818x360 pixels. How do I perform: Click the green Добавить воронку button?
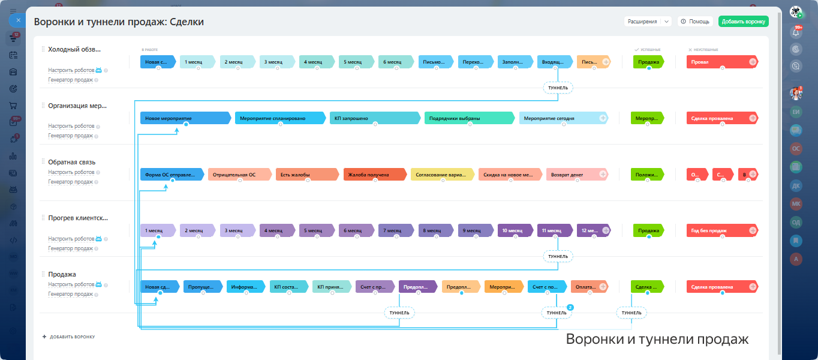(x=743, y=22)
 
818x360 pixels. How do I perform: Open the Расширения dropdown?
(x=647, y=22)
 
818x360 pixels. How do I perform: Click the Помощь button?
(x=695, y=22)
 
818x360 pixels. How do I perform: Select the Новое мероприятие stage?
(x=185, y=118)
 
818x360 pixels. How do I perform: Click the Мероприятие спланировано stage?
(x=280, y=118)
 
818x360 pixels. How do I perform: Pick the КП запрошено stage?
(x=375, y=118)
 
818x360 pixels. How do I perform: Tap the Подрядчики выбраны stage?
(x=469, y=118)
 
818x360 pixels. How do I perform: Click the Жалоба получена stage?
(x=374, y=175)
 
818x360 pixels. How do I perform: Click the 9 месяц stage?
(x=474, y=230)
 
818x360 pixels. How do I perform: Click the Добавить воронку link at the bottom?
(x=71, y=337)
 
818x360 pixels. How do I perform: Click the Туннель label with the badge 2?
(x=557, y=313)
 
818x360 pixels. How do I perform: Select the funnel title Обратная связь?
(x=72, y=162)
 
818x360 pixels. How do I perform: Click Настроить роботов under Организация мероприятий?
(x=71, y=127)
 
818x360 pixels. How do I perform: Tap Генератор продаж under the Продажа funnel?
(x=70, y=294)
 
